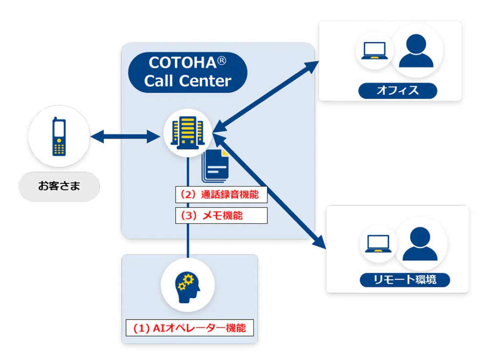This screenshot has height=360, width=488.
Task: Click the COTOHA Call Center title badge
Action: pyautogui.click(x=187, y=72)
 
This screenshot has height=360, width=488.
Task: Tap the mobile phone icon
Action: pyautogui.click(x=59, y=137)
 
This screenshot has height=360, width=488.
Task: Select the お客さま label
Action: pyautogui.click(x=59, y=186)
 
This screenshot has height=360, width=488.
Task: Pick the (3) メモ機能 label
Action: pyautogui.click(x=222, y=215)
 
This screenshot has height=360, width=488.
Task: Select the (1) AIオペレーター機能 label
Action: pyautogui.click(x=190, y=328)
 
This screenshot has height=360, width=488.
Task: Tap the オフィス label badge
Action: pyautogui.click(x=398, y=90)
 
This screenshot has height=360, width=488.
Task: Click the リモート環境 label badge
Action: pyautogui.click(x=405, y=280)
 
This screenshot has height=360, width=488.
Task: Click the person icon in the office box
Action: pyautogui.click(x=416, y=50)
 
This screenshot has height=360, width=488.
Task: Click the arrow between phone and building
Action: pyautogui.click(x=125, y=137)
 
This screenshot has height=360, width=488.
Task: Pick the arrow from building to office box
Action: pyautogui.click(x=266, y=95)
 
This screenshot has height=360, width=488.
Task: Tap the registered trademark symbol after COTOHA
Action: pyautogui.click(x=223, y=60)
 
